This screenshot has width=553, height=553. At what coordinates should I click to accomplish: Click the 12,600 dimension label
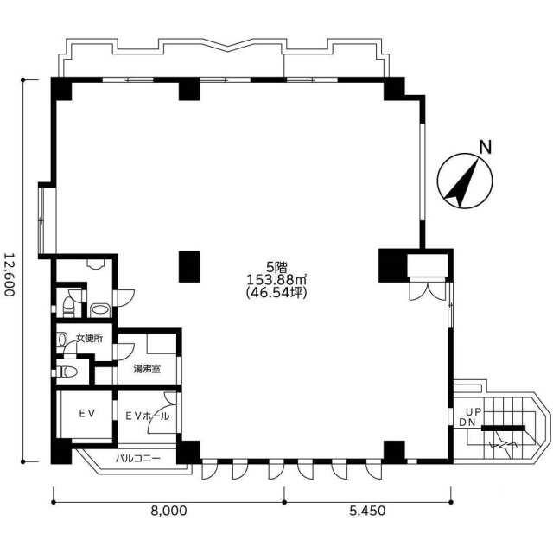(x=10, y=275)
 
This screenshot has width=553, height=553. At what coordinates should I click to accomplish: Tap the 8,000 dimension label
(x=168, y=511)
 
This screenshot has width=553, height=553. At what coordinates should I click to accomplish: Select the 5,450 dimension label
(x=367, y=511)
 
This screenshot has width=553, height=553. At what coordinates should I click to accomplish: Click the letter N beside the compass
(x=486, y=147)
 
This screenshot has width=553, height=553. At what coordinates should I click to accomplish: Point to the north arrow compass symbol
(x=465, y=181)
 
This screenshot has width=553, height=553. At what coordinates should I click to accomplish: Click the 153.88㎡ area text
(x=276, y=280)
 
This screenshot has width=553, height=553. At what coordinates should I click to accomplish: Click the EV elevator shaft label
(x=86, y=413)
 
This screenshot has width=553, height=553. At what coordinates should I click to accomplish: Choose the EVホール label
(x=148, y=416)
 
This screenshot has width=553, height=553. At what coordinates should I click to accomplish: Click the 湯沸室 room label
(x=147, y=369)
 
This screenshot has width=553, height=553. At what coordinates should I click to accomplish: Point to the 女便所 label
(x=90, y=338)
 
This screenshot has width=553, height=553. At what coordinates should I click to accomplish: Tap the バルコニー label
(x=138, y=459)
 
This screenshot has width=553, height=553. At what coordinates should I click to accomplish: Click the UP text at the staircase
(x=474, y=411)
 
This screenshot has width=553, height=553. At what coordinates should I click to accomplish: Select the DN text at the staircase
(x=467, y=423)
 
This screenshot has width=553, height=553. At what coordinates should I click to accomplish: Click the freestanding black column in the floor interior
(x=189, y=267)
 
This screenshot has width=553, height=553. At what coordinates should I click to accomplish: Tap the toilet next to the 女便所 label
(x=62, y=340)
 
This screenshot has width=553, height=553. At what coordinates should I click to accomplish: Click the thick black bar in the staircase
(x=503, y=429)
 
